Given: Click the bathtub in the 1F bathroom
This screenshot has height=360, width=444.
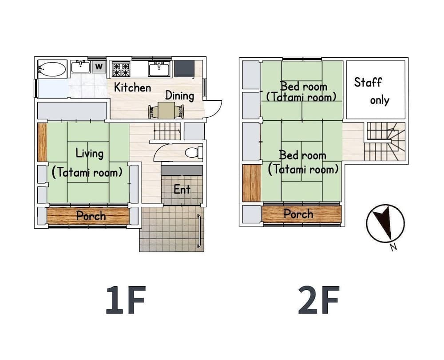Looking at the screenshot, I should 52,69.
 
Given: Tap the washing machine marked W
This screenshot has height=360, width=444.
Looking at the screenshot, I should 99,67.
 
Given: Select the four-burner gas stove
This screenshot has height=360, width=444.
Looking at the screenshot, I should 121,69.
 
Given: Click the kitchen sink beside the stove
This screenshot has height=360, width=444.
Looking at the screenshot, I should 159,69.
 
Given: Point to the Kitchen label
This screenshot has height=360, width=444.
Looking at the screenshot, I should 132,87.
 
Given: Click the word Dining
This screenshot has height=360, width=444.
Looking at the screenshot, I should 180,95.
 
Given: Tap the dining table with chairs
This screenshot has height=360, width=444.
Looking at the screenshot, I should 166,111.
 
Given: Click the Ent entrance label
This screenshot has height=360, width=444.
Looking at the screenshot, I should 182,190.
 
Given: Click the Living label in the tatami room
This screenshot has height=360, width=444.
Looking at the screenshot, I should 89,154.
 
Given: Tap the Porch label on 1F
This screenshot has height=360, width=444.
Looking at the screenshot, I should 91,216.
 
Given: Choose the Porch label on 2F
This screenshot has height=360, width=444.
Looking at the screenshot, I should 298,214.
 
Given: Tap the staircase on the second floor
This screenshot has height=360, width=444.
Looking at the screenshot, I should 385,141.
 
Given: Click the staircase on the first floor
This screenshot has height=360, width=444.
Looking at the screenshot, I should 167,131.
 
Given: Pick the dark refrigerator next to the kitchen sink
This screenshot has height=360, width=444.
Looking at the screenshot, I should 184,69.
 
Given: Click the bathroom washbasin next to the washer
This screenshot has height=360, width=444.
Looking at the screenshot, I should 80,67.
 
